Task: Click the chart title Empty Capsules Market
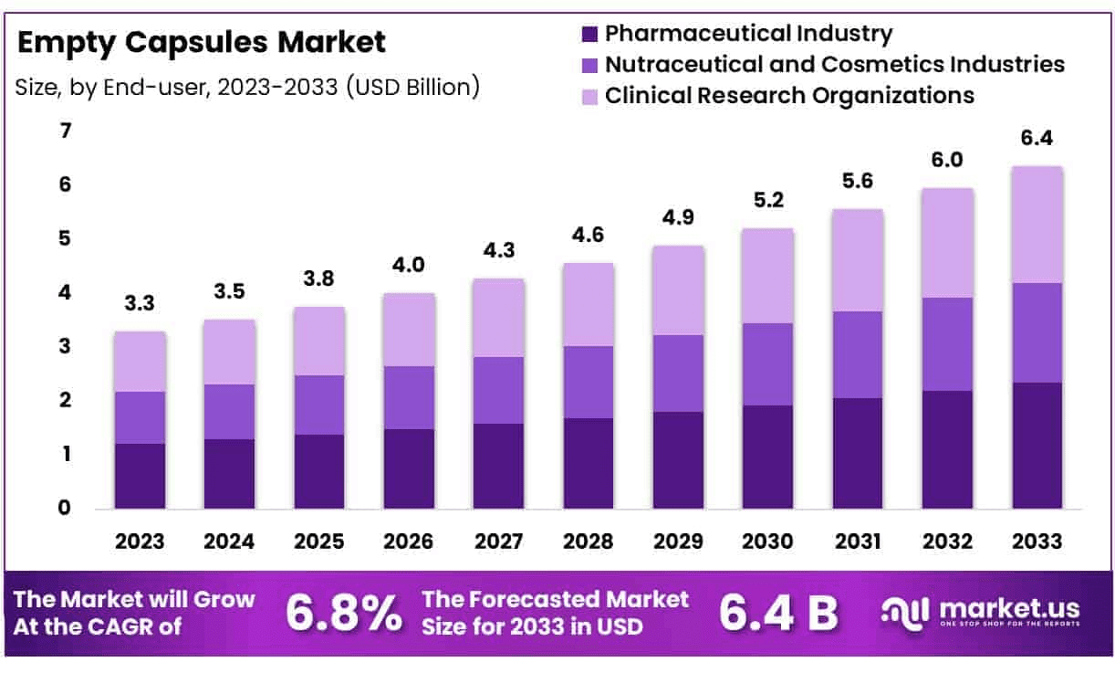(x=202, y=42)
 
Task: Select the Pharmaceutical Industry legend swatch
(x=589, y=35)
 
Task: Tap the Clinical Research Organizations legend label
(x=789, y=95)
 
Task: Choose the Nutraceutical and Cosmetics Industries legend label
(x=834, y=65)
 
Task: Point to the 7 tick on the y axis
(x=65, y=131)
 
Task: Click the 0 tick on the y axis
(x=65, y=508)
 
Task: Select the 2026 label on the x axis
(x=410, y=542)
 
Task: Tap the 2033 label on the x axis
(x=1037, y=542)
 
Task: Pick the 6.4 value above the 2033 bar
(x=1037, y=139)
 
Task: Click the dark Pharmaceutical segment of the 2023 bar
(x=140, y=476)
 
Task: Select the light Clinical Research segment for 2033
(x=1037, y=225)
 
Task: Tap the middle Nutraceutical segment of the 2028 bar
(x=589, y=382)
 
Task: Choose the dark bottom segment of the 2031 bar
(x=858, y=453)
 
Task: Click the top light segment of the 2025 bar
(x=319, y=341)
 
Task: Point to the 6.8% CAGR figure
(x=343, y=614)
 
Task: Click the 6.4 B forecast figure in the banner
(x=778, y=614)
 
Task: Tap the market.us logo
(x=981, y=612)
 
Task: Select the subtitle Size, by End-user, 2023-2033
(x=247, y=88)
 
